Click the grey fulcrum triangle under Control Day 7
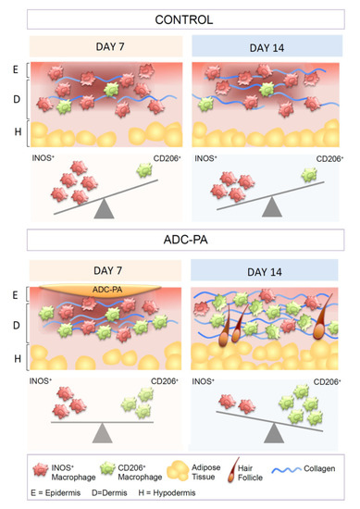click(105, 209)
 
